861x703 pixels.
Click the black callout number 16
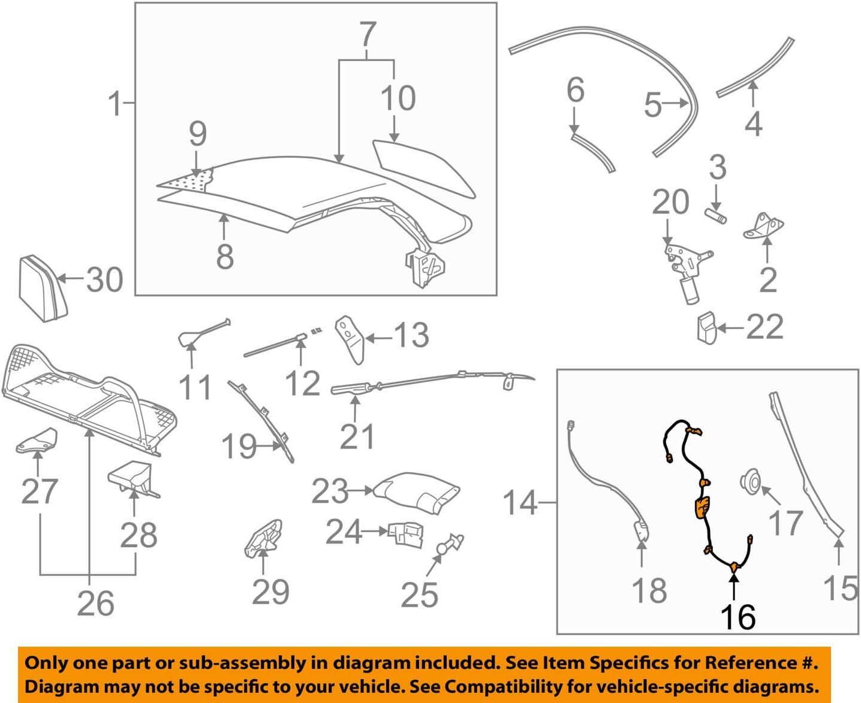point(738,617)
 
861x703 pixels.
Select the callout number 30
point(104,280)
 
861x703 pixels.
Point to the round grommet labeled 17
point(750,481)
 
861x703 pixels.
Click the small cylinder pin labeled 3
point(715,215)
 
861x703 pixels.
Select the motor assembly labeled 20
point(686,267)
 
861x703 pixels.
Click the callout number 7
point(368,35)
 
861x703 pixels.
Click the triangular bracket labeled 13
point(350,339)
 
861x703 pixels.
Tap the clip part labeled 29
point(263,537)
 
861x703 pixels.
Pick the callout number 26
point(95,604)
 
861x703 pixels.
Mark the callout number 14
point(519,503)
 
